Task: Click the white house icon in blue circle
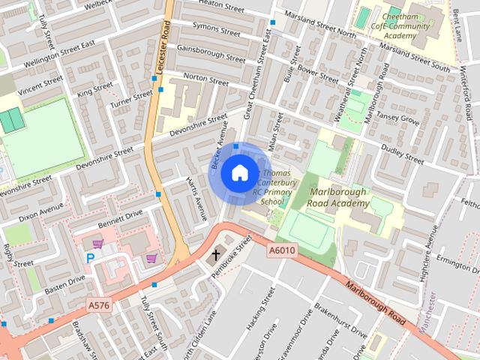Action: pos(238,173)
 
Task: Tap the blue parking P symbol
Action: pos(91,258)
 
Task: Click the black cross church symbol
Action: pos(217,255)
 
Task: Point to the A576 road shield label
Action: pos(99,304)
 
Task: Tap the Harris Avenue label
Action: pos(196,199)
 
